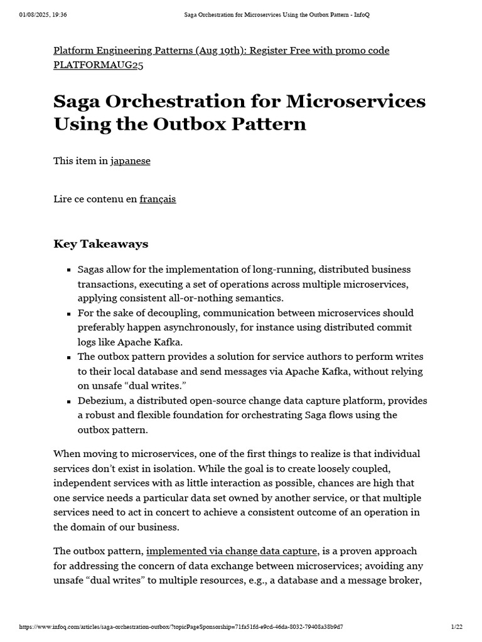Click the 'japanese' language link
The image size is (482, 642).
(x=131, y=161)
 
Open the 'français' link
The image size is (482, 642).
(x=158, y=199)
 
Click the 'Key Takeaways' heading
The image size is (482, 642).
(x=101, y=243)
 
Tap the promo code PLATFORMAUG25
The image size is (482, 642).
(x=99, y=66)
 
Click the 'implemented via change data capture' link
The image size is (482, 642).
(x=232, y=551)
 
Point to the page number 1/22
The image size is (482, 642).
(x=456, y=627)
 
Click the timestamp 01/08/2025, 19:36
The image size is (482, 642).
(x=43, y=15)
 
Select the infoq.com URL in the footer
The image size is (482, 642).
(x=181, y=627)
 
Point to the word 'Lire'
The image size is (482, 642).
(x=63, y=199)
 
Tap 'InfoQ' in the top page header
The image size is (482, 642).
(x=363, y=15)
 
